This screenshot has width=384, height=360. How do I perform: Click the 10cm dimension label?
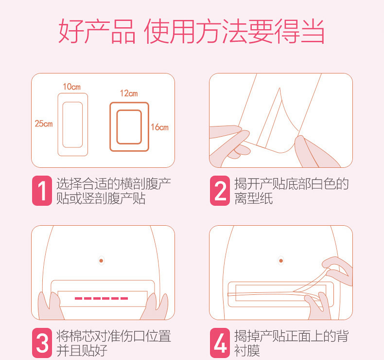pyautogui.click(x=71, y=87)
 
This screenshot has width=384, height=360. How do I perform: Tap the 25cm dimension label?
pyautogui.click(x=44, y=124)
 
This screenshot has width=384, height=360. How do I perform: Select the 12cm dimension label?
pyautogui.click(x=129, y=93)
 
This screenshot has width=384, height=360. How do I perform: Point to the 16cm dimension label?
pyautogui.click(x=159, y=127)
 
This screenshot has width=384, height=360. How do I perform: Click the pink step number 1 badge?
pyautogui.click(x=42, y=190)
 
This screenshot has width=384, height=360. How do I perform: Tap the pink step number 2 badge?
pyautogui.click(x=220, y=190)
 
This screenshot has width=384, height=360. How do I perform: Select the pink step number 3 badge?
pyautogui.click(x=42, y=343)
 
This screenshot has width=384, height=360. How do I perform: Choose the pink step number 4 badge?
pyautogui.click(x=220, y=343)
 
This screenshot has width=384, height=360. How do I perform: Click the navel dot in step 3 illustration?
pyautogui.click(x=101, y=261)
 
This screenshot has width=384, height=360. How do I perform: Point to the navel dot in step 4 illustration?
pyautogui.click(x=281, y=261)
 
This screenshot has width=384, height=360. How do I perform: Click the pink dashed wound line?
pyautogui.click(x=101, y=298)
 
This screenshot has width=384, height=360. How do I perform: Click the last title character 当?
pyautogui.click(x=313, y=31)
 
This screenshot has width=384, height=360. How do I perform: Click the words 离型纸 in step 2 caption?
pyautogui.click(x=253, y=198)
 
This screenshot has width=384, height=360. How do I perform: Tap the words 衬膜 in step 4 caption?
pyautogui.click(x=247, y=350)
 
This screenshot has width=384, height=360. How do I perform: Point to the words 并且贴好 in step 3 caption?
pyautogui.click(x=82, y=350)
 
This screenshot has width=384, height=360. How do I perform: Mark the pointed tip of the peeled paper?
pyautogui.click(x=279, y=88)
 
